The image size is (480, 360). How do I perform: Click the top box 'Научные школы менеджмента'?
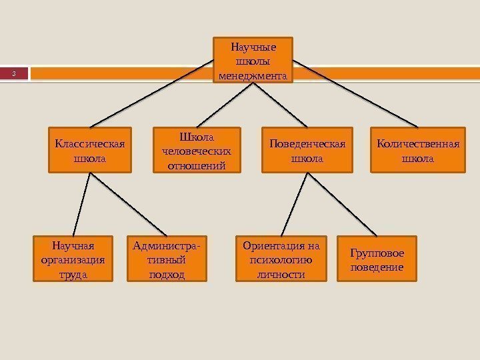[253, 61]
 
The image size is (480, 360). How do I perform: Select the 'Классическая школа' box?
[89, 151]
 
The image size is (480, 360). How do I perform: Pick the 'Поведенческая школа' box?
[307, 151]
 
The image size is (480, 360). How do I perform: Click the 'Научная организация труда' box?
[73, 259]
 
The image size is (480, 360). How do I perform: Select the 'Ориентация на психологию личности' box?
[281, 259]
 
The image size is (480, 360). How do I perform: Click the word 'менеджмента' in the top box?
[253, 76]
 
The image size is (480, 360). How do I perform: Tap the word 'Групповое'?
[377, 253]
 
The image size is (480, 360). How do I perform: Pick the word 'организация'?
[73, 260]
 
